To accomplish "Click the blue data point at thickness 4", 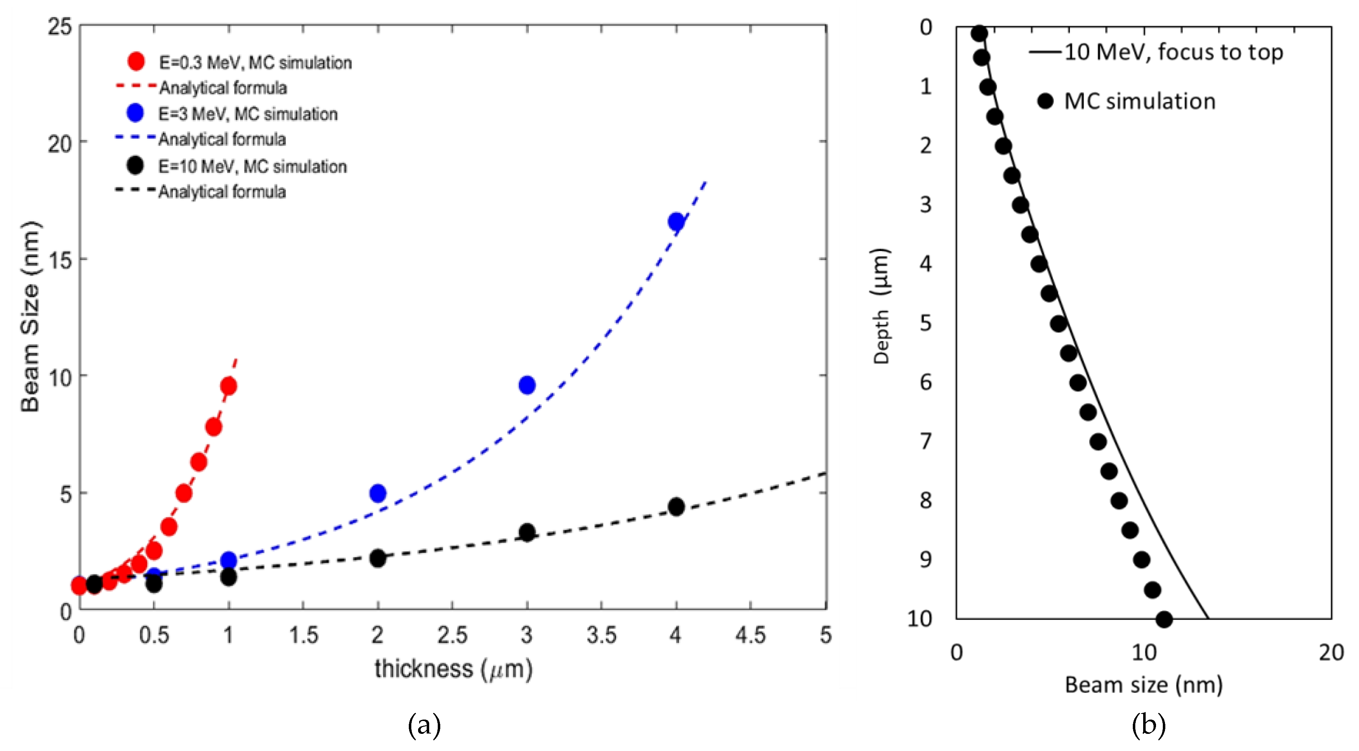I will [676, 222].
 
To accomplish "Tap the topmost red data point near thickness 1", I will [228, 386].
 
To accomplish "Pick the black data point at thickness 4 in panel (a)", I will [676, 507].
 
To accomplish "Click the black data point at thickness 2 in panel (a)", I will [377, 558].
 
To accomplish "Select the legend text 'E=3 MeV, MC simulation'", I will [248, 114].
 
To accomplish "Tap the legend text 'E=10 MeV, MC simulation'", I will [253, 167].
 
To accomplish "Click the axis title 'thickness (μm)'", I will [453, 669].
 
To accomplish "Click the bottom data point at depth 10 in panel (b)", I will [1164, 620].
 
